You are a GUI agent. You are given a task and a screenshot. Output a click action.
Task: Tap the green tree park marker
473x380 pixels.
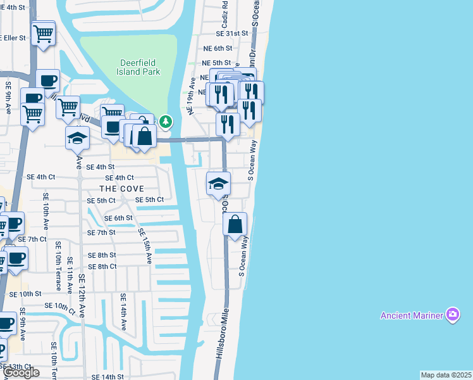(166, 120)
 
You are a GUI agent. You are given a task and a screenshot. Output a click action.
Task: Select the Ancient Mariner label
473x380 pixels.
(411, 315)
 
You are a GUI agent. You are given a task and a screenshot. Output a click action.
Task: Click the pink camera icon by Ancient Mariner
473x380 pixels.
(452, 314)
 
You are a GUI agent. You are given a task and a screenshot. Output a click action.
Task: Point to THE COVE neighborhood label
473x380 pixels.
(121, 189)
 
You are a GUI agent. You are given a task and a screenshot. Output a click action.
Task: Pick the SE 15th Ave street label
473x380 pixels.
(145, 246)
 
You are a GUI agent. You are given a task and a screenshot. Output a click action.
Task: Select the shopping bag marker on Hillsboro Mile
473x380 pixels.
(235, 225)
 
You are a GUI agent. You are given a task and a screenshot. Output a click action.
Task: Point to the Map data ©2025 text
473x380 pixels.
(446, 375)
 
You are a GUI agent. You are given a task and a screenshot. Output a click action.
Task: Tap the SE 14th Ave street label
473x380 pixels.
(123, 312)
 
